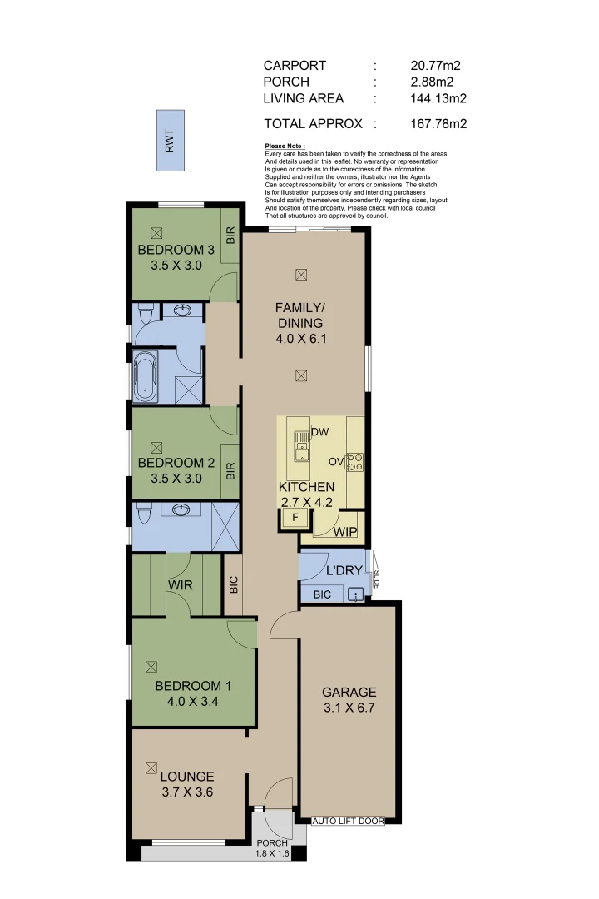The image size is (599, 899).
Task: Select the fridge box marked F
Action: click(x=292, y=519)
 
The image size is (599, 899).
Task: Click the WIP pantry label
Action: click(x=345, y=532)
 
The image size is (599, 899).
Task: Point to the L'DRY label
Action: click(x=342, y=572)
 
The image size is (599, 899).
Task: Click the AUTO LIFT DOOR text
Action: click(x=348, y=821)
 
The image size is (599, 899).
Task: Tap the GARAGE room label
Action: click(x=349, y=692)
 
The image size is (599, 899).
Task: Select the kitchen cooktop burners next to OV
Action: click(x=355, y=461)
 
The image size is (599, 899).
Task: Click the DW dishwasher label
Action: click(x=319, y=432)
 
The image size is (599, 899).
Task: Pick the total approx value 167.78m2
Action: click(x=438, y=123)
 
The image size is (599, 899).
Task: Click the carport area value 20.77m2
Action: click(x=435, y=65)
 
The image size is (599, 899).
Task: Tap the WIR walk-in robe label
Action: click(x=181, y=585)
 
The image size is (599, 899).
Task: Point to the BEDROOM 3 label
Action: click(x=176, y=250)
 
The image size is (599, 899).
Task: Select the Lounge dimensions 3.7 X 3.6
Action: click(x=187, y=792)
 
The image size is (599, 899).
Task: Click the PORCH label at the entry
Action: click(x=272, y=843)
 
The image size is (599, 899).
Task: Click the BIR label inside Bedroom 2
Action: click(x=230, y=471)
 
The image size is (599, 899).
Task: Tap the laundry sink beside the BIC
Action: click(x=356, y=594)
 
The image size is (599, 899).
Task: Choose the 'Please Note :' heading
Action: click(x=285, y=146)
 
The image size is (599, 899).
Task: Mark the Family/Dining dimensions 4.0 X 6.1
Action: click(x=299, y=339)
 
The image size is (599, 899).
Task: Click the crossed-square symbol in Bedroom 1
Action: click(x=151, y=666)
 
